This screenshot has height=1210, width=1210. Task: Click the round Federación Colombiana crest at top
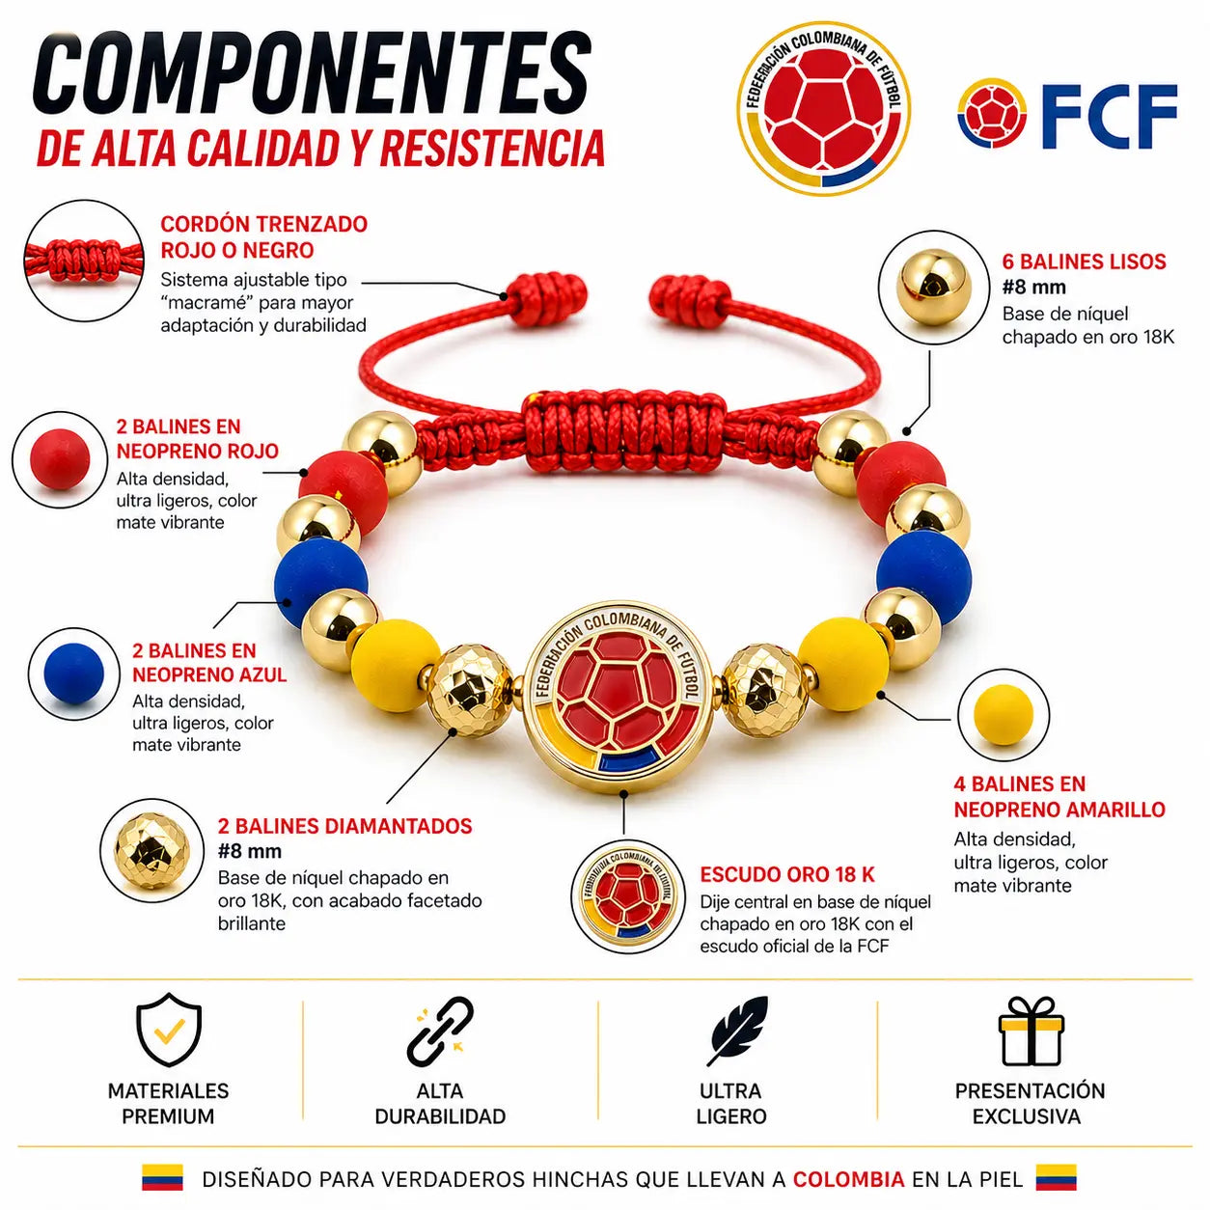point(823,109)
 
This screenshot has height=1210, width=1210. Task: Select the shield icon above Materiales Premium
point(168,1030)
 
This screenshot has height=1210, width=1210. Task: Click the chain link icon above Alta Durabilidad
point(440,1031)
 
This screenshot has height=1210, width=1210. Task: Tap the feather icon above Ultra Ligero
point(736,1031)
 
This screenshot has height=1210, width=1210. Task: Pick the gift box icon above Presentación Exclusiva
point(1031,1031)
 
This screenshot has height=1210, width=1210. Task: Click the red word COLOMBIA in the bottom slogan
point(848,1178)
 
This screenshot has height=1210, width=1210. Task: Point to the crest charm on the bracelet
point(619,697)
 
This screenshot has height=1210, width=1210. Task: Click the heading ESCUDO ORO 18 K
point(786,874)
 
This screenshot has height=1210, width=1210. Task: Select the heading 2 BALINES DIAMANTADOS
point(344,826)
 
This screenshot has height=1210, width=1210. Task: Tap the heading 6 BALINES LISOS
point(1084,261)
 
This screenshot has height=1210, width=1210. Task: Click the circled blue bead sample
point(74,674)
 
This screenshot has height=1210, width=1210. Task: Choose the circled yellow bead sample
point(1003,715)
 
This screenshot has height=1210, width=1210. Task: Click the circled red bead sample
point(60,459)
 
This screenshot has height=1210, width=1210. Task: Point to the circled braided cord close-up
point(84,261)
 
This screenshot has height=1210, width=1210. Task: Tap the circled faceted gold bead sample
point(151,850)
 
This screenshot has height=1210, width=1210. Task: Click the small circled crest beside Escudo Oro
point(628,895)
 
